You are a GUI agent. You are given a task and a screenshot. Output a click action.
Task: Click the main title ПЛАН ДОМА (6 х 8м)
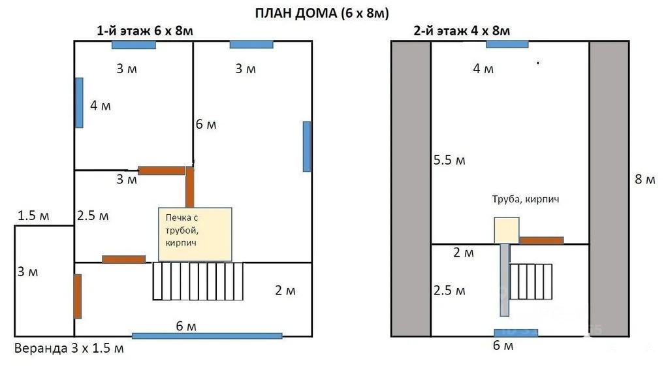tap(322, 13)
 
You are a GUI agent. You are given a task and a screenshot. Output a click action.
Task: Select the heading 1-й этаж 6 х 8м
tap(145, 31)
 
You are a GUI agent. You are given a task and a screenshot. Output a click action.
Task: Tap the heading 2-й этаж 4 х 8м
tap(462, 31)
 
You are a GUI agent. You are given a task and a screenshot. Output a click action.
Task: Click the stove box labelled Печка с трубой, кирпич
tap(195, 234)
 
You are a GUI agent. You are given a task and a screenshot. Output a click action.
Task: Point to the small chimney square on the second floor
tap(507, 230)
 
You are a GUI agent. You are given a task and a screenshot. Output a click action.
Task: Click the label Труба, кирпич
tap(525, 199)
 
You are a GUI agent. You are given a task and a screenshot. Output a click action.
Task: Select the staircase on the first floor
tap(198, 281)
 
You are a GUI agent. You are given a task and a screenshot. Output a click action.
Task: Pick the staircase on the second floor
tap(531, 281)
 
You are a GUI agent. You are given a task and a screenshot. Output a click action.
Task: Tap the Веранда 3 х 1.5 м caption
tap(69, 348)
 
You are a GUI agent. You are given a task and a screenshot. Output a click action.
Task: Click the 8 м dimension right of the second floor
tap(645, 180)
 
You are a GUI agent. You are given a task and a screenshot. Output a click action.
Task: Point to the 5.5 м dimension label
tap(449, 160)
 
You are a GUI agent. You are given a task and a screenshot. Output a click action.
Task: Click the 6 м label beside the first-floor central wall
tap(206, 125)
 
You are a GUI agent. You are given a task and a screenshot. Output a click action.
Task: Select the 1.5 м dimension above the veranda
tap(33, 215)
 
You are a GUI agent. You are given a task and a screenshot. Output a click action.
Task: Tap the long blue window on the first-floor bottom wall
tap(207, 336)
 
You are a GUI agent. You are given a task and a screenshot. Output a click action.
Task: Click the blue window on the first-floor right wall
tap(307, 147)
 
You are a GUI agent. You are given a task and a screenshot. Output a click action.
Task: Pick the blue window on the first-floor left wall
tap(79, 103)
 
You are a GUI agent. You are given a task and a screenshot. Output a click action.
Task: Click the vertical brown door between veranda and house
tap(78, 296)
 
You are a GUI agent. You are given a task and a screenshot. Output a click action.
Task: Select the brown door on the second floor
tap(541, 240)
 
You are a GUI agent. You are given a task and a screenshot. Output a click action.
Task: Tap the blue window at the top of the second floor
tap(507, 44)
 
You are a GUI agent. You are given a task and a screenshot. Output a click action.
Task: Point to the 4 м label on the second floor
tap(484, 69)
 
